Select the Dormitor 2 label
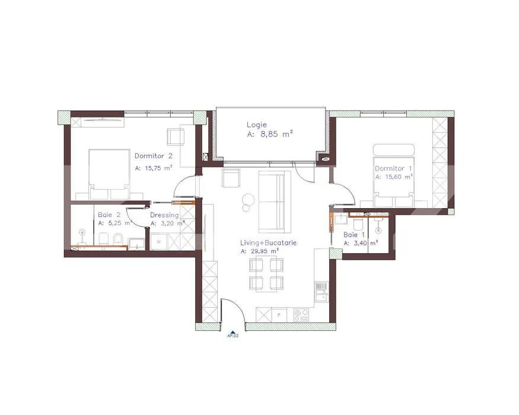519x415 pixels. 153,157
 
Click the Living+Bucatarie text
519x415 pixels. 268,242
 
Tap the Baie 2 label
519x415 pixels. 109,215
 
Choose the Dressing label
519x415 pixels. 164,215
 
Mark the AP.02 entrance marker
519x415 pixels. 233,335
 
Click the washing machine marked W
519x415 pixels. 158,241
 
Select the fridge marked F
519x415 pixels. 279,315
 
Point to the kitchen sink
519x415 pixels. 321,291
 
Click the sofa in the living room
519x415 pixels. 275,201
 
